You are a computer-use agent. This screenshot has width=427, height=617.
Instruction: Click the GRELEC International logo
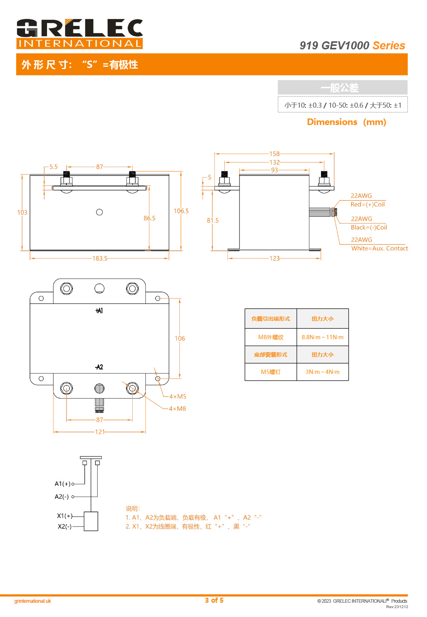tap(79, 34)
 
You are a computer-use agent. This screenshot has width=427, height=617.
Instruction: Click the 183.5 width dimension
tap(100, 259)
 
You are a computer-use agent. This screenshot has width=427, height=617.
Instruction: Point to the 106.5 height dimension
tap(181, 211)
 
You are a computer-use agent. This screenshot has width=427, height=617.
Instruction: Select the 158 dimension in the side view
tap(274, 154)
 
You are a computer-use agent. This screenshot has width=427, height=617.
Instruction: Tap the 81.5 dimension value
tap(213, 220)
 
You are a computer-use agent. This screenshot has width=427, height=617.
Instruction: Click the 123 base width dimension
tap(274, 259)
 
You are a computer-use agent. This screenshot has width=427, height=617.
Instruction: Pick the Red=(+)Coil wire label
tap(367, 205)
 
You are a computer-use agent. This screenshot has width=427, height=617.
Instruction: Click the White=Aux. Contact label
tap(379, 248)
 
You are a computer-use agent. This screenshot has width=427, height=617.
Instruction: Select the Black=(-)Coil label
tap(369, 228)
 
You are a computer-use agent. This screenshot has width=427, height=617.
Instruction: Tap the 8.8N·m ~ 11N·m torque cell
tap(322, 337)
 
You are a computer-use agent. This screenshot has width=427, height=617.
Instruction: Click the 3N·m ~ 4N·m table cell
tap(322, 372)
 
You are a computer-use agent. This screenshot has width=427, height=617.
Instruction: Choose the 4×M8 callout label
tap(177, 409)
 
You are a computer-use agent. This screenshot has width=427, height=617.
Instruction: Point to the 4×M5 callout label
tap(178, 397)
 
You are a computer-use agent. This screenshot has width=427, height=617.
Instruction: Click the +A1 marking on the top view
tap(99, 311)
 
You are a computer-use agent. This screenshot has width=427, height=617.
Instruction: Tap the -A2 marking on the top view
tap(99, 367)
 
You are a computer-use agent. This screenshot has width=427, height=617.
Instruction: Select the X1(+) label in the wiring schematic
tap(64, 516)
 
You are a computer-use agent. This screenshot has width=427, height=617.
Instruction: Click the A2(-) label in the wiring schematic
tap(62, 497)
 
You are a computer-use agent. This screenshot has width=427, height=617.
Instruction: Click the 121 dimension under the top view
tap(100, 432)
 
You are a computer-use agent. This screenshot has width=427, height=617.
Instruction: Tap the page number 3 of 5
tap(214, 600)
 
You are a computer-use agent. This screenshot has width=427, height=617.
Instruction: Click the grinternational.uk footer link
tap(33, 601)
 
